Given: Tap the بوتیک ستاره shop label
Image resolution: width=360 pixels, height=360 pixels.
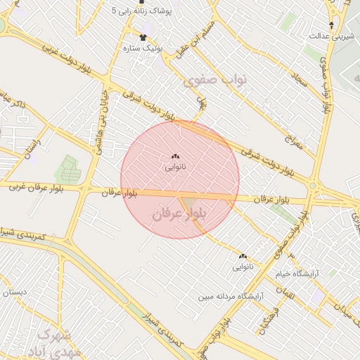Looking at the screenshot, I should pyautogui.click(x=143, y=48).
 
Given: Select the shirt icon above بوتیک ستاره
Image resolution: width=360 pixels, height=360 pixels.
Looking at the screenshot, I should pyautogui.click(x=144, y=36).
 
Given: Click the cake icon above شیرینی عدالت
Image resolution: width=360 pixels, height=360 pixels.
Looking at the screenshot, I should pyautogui.click(x=331, y=24).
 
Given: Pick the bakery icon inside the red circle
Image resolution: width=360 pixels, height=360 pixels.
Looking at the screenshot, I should pyautogui.click(x=176, y=156).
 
